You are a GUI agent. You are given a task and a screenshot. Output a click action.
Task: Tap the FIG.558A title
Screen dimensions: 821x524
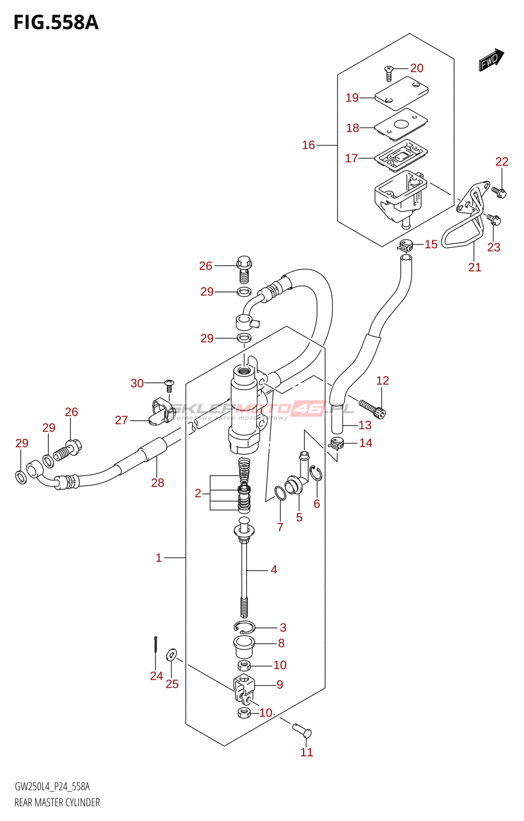pos(55,23)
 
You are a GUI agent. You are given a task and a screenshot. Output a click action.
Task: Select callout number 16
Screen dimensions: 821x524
pos(308,145)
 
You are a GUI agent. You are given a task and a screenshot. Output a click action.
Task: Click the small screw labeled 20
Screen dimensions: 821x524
pos(389,73)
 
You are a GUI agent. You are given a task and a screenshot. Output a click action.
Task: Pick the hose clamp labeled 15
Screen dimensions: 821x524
pos(406,245)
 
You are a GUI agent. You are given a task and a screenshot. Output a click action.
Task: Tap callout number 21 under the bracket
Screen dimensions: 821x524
pos(475,267)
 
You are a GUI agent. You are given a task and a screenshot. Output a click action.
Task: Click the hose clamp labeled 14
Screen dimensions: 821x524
pos(336,443)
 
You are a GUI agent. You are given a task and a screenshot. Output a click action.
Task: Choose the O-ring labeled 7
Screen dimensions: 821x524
pos(280,493)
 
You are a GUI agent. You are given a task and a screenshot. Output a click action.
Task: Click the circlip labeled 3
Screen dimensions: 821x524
pos(244,627)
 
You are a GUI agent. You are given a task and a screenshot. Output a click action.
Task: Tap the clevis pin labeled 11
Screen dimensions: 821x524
pos(302,729)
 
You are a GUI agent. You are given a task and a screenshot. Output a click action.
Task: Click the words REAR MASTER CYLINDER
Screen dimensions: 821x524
pos(57,803)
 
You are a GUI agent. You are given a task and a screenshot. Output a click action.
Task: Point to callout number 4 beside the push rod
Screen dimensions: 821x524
pos(274,570)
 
